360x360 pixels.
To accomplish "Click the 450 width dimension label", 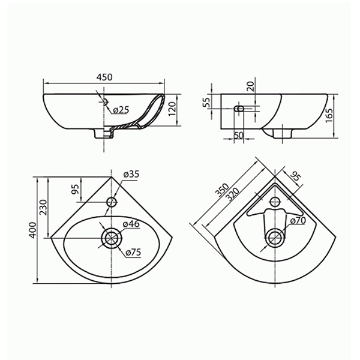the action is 104,77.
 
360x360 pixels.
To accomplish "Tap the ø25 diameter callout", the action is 121,110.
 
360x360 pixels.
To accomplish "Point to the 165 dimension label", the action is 329,115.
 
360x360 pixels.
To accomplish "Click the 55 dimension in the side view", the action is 207,102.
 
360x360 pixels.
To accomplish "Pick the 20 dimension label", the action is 251,86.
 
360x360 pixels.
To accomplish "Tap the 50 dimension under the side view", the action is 239,135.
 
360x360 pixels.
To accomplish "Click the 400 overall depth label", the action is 33,230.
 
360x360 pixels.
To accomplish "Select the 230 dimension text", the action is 43,207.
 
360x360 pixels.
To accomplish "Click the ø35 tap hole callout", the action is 131,174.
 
